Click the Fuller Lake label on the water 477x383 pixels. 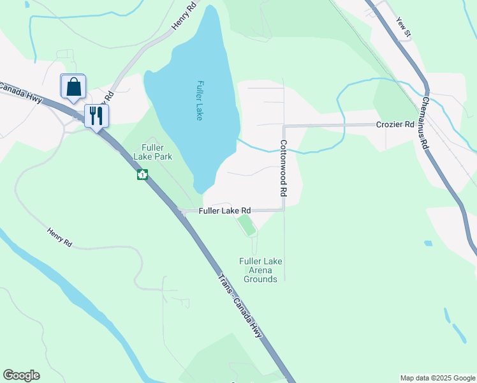(x=200, y=100)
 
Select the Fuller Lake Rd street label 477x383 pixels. (x=224, y=211)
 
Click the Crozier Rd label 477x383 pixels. (x=395, y=124)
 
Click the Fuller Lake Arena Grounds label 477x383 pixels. (x=260, y=270)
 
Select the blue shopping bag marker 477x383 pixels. (x=73, y=87)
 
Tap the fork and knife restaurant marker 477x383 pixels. (x=97, y=116)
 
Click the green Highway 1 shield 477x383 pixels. (x=142, y=174)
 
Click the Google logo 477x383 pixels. (x=21, y=375)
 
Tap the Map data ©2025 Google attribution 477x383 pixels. (x=437, y=378)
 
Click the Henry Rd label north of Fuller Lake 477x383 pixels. (x=182, y=19)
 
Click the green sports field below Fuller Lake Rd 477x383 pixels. (x=246, y=225)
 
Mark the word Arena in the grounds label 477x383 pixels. (x=260, y=270)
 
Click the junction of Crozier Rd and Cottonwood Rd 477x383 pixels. (x=283, y=126)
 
